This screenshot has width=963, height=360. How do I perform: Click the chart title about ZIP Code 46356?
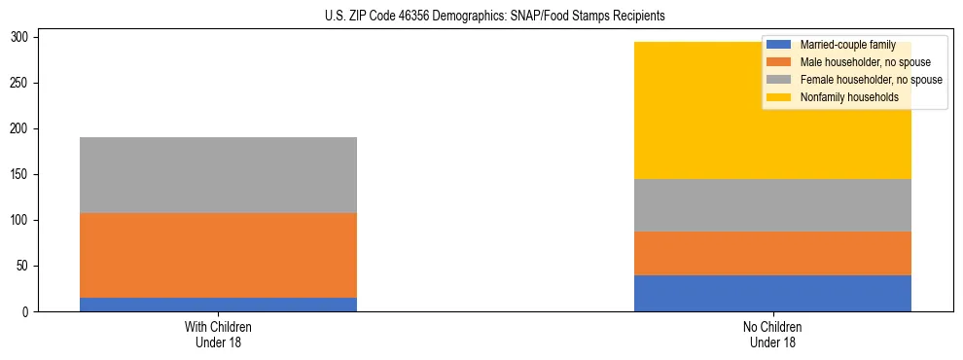point(481,16)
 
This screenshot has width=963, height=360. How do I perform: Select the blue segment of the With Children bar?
point(218,305)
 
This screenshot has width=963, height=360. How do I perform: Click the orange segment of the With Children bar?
point(218,255)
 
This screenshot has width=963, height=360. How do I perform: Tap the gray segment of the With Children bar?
point(218,175)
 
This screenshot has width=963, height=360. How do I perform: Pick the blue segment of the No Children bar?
point(772,293)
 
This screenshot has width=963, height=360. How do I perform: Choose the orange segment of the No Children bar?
point(772,253)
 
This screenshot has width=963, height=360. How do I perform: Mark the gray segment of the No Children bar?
point(772,205)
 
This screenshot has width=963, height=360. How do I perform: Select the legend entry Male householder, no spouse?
point(851,62)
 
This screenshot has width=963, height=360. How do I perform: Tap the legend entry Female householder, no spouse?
point(856,80)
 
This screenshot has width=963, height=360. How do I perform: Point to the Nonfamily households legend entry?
point(842,97)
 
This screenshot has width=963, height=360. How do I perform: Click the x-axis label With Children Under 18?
point(218,334)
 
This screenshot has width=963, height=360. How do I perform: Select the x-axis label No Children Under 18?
point(772,334)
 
